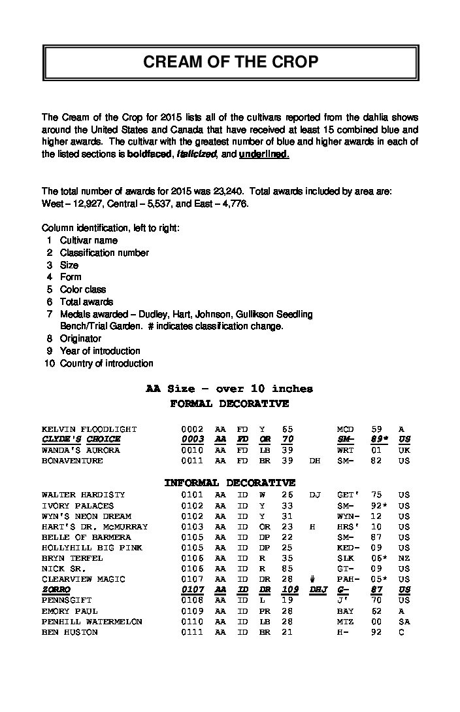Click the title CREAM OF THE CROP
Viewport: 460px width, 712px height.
231,62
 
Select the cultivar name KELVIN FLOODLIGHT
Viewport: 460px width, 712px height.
90,429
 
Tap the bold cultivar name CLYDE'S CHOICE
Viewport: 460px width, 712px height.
81,440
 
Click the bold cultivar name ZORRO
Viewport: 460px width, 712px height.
56,590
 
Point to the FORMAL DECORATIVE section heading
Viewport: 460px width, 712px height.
229,404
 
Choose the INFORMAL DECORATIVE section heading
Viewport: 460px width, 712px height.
229,483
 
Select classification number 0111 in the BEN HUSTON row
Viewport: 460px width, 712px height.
193,632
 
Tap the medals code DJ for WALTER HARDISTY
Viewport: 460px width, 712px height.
314,495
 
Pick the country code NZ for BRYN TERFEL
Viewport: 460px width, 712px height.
404,558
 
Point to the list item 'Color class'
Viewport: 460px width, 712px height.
83,289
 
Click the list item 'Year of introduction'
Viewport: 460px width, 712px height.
100,351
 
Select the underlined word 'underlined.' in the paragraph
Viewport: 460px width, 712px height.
264,154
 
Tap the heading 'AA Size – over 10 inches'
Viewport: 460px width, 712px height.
229,389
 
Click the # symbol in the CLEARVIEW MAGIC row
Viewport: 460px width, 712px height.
314,579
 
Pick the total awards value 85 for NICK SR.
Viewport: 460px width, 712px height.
287,569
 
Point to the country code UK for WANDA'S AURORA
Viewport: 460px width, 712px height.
404,450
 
